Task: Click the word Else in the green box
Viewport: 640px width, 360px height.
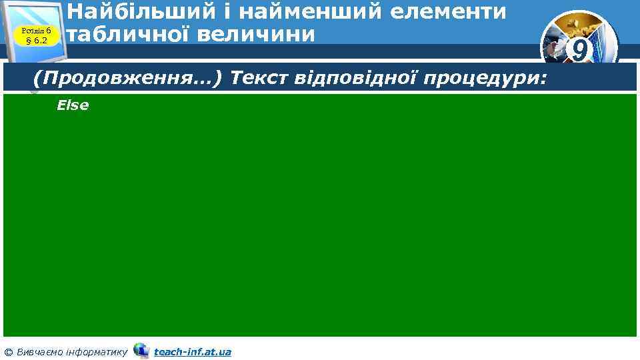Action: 73,105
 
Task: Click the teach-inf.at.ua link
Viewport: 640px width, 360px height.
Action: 192,351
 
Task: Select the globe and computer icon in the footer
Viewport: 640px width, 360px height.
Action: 141,350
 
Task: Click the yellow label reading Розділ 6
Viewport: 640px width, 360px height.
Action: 37,31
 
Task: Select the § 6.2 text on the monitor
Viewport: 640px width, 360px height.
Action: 37,41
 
